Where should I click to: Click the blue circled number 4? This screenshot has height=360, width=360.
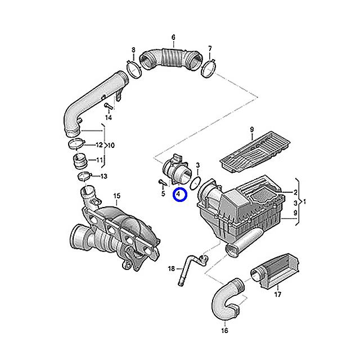[x=181, y=194]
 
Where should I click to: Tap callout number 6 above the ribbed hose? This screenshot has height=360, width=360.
[x=173, y=37]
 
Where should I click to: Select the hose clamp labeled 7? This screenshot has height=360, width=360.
[x=208, y=68]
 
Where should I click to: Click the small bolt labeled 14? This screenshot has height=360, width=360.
[x=107, y=106]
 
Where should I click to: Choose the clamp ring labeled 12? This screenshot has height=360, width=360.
[x=76, y=144]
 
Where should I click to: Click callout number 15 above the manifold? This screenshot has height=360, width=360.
[x=117, y=196]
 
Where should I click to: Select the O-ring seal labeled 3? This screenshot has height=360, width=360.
[x=195, y=183]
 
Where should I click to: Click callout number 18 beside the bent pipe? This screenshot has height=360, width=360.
[x=171, y=268]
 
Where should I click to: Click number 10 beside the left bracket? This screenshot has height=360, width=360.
[x=111, y=145]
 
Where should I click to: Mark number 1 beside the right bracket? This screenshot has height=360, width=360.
[x=304, y=202]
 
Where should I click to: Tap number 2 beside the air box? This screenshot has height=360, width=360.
[x=295, y=192]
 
